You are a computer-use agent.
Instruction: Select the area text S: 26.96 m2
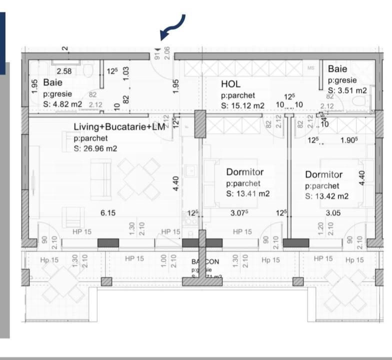95,148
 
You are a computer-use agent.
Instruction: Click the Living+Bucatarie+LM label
119,127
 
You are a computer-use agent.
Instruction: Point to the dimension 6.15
108,212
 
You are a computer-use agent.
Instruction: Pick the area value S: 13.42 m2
327,196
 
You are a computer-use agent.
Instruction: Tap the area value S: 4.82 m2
62,104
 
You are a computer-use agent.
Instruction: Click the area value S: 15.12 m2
242,105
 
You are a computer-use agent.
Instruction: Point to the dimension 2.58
63,71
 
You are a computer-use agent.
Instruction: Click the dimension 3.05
333,212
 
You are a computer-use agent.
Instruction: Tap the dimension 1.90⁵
348,140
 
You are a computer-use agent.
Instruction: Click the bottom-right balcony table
345,289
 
